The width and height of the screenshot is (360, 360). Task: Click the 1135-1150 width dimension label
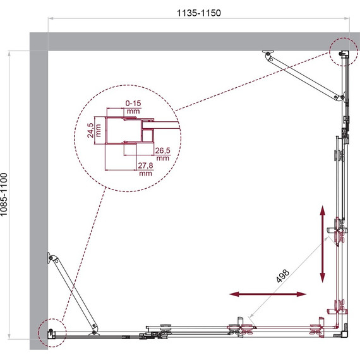199,13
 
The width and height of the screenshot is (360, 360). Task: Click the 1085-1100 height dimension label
4,195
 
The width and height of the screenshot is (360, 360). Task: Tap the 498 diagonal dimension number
282,276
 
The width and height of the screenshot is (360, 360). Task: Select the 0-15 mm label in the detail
133,107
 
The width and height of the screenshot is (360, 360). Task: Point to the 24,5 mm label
93,130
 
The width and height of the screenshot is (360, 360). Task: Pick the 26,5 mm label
162,154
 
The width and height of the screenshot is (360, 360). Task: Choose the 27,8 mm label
145,169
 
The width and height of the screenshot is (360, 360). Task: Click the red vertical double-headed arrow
323,244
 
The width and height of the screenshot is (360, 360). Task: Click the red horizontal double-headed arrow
268,294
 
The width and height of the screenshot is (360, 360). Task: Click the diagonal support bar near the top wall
304,76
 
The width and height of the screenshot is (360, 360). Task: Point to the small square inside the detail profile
148,135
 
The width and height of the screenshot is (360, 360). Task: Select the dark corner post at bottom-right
344,334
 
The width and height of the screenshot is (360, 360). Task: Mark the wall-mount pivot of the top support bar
268,53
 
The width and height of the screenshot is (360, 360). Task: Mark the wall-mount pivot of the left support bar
50,258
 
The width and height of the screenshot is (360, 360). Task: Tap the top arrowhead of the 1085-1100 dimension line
9,54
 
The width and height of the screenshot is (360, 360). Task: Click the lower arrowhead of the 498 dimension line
251,316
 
